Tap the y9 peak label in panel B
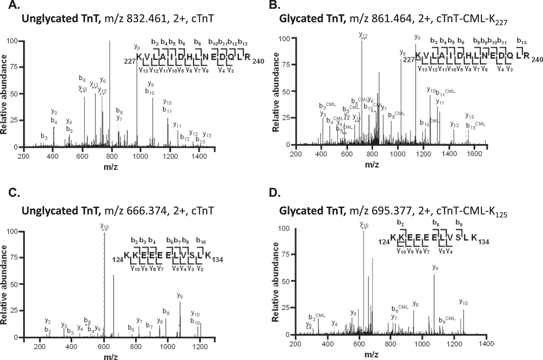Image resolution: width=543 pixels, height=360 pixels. click(x=417, y=37)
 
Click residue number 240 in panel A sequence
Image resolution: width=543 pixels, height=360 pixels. click(x=258, y=61)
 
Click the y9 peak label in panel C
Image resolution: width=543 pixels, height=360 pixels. click(x=180, y=296)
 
